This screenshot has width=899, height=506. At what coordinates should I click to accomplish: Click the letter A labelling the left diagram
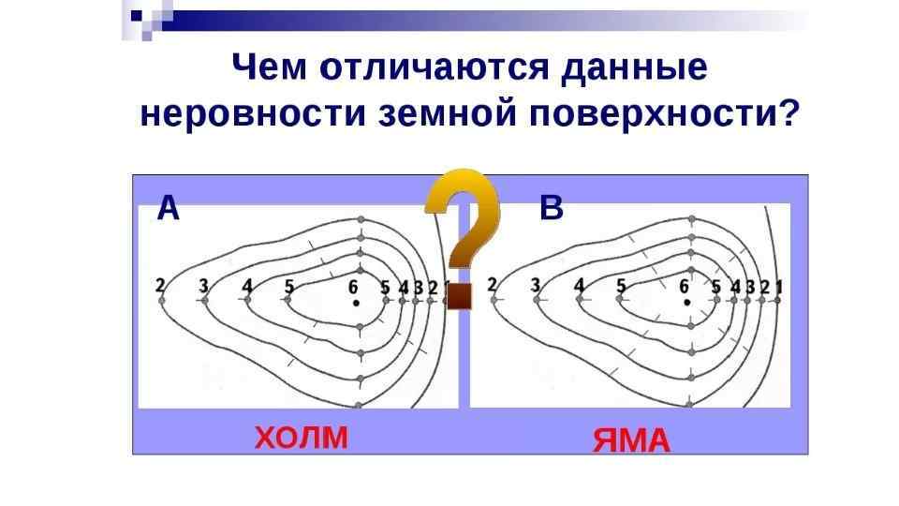[x=168, y=207]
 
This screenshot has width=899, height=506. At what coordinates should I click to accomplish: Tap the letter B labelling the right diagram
[x=553, y=208]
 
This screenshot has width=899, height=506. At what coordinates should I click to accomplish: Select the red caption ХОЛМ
[x=301, y=437]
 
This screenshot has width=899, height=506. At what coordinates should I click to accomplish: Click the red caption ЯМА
[x=631, y=439]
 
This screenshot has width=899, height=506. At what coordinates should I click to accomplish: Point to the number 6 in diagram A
[x=353, y=287]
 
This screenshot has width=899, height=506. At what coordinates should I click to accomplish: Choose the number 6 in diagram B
[x=685, y=287]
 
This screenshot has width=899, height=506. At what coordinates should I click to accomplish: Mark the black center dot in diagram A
[x=356, y=304]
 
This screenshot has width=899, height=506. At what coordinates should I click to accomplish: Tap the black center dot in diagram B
[x=687, y=303]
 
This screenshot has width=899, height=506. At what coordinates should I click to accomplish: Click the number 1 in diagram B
[x=779, y=286]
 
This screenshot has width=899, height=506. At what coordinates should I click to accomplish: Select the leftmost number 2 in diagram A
[x=161, y=284]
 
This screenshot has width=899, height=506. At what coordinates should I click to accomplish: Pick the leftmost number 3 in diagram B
[x=536, y=284]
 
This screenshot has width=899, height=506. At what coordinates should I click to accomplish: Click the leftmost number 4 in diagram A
[x=247, y=285]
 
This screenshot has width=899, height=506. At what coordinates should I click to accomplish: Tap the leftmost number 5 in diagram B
[x=621, y=286]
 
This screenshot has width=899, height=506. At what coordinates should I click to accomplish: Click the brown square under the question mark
[x=459, y=297]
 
